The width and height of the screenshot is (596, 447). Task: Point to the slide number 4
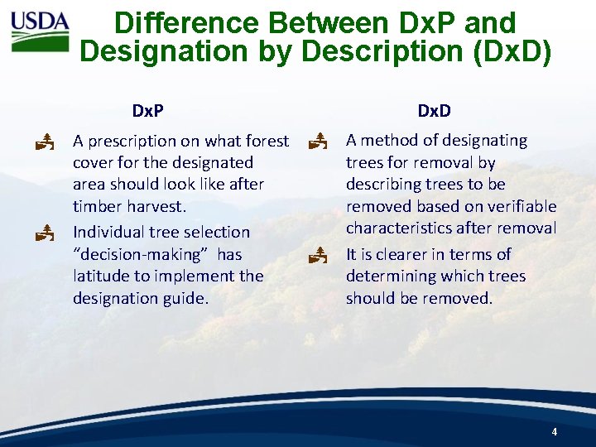point(554,432)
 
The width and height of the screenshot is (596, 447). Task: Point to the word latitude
point(103,276)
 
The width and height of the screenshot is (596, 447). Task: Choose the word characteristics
point(397,228)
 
